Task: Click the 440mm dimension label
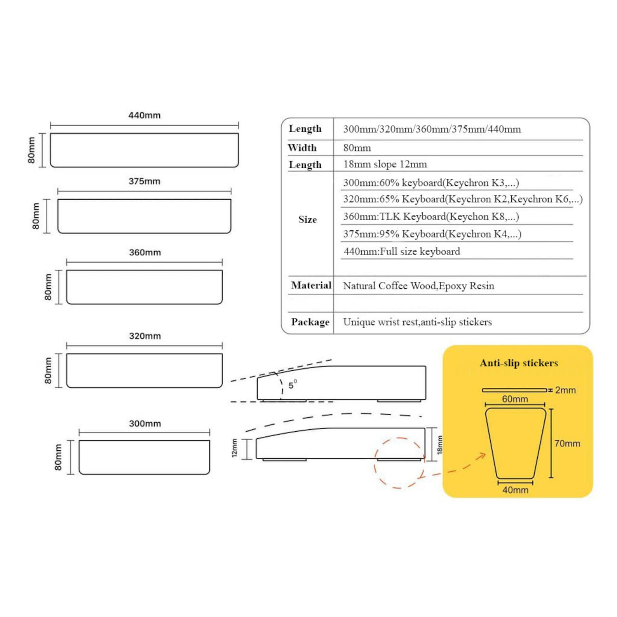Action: click(x=144, y=115)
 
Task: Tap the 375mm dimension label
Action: click(x=144, y=181)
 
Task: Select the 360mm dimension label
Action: click(x=145, y=253)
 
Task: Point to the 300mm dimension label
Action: click(x=145, y=424)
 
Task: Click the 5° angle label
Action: click(x=293, y=385)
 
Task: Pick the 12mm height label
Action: click(x=234, y=448)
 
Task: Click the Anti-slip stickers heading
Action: click(x=519, y=363)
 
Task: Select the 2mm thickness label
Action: click(x=565, y=390)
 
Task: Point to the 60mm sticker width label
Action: click(x=515, y=399)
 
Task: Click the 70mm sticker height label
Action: click(x=567, y=444)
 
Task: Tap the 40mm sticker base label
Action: click(x=515, y=490)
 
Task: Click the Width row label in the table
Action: click(x=302, y=148)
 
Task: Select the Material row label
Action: click(x=311, y=285)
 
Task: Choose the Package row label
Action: click(x=310, y=322)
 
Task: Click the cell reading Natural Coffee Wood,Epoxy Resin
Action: click(x=418, y=286)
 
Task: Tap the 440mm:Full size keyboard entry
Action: click(x=402, y=252)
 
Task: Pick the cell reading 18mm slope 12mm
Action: click(x=385, y=164)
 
